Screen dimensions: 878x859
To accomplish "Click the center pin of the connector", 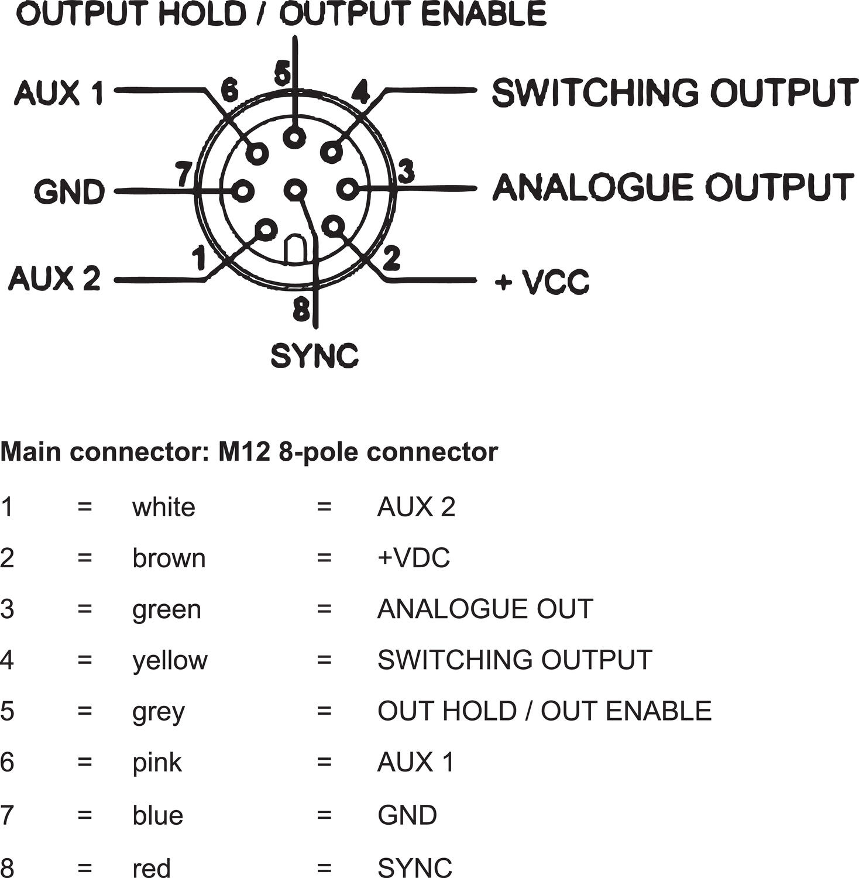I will pyautogui.click(x=295, y=190).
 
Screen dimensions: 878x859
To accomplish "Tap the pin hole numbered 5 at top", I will pyautogui.click(x=294, y=138).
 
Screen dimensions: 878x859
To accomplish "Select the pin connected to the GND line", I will pyautogui.click(x=242, y=191).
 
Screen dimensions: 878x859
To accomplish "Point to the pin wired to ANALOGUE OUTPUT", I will pyautogui.click(x=347, y=189).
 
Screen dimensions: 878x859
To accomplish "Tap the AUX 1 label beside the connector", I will pyautogui.click(x=59, y=92).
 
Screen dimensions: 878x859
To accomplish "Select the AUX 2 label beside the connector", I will pyautogui.click(x=54, y=278).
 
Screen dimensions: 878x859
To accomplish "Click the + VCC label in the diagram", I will pyautogui.click(x=542, y=282).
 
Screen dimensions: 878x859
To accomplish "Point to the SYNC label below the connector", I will pyautogui.click(x=314, y=355).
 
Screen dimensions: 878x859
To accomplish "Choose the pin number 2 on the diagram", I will pyautogui.click(x=391, y=258).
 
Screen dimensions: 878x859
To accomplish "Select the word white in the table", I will pyautogui.click(x=163, y=507).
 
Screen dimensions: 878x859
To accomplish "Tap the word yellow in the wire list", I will pyautogui.click(x=170, y=660).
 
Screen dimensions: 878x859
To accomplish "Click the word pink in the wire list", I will pyautogui.click(x=157, y=763).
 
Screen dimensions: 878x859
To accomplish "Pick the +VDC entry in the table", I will pyautogui.click(x=414, y=558).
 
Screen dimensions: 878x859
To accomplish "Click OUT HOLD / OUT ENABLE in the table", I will pyautogui.click(x=544, y=711).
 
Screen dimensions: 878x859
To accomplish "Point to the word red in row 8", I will pyautogui.click(x=151, y=867).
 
